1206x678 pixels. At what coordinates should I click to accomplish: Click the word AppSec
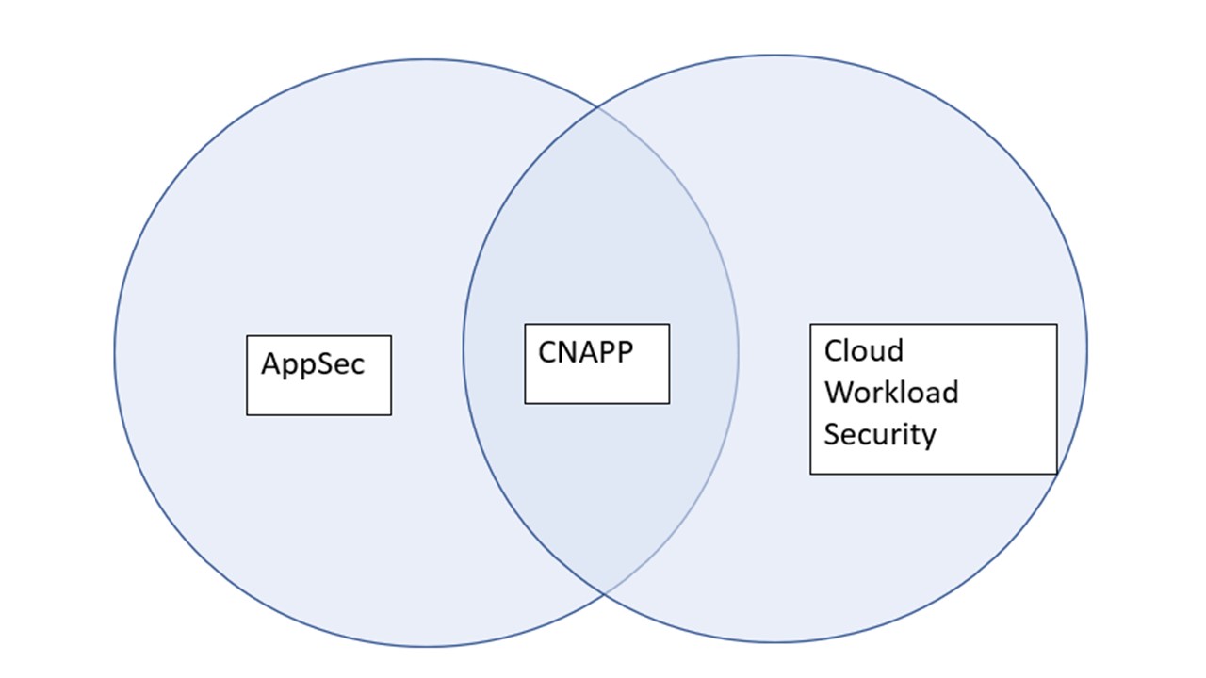pos(313,365)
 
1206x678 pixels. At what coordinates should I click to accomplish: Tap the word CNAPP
pos(586,352)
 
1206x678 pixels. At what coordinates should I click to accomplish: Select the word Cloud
pos(864,351)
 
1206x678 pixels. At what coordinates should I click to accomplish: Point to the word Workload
pos(891,392)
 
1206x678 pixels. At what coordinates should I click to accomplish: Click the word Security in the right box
pos(880,435)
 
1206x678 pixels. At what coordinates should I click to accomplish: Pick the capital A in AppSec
pos(273,363)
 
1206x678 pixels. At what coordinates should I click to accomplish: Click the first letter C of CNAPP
pos(548,352)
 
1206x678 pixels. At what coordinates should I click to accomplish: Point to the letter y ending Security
pos(928,438)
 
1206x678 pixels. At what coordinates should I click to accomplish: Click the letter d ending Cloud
pos(895,351)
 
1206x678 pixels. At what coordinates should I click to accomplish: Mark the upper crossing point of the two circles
pos(597,107)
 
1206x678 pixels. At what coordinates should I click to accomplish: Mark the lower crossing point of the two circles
pos(604,594)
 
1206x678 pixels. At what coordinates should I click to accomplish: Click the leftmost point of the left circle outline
pos(115,353)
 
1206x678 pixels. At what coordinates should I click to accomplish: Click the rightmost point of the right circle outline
pos(1086,348)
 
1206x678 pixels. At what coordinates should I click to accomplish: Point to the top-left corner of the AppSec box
pos(247,336)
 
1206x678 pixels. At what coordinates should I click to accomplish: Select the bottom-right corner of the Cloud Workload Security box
pos(1057,474)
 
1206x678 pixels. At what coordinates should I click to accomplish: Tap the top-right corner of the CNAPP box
pos(669,325)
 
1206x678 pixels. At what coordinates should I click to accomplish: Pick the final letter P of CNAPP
pos(625,352)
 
